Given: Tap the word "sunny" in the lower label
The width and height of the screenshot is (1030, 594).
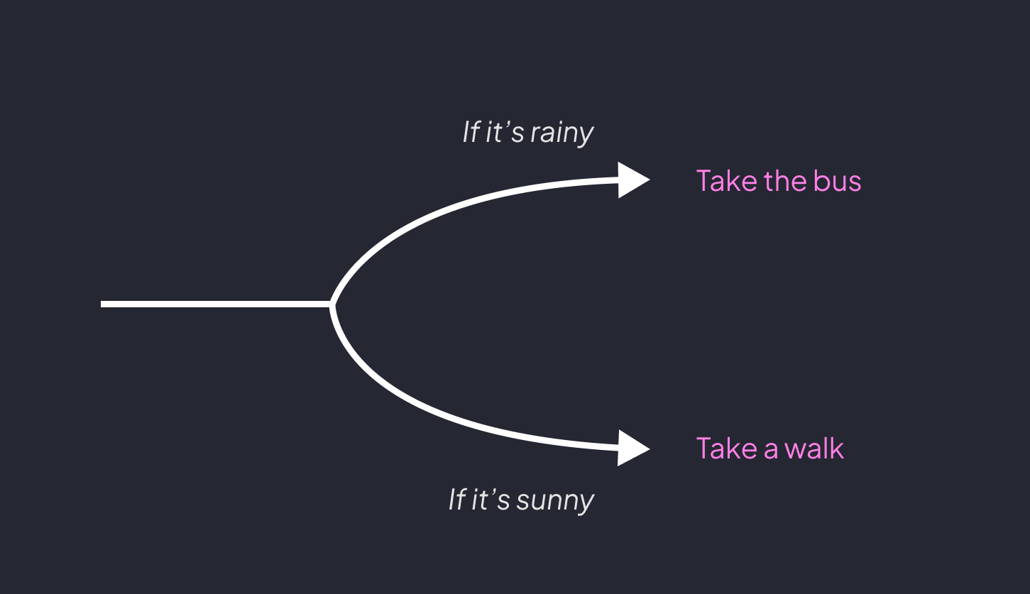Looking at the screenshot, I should (555, 500).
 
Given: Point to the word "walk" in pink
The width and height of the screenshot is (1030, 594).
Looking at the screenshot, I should (815, 449).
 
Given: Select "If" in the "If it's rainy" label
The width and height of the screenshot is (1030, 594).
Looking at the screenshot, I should (470, 133).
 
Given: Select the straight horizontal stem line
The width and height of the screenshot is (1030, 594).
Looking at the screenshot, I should (213, 304).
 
